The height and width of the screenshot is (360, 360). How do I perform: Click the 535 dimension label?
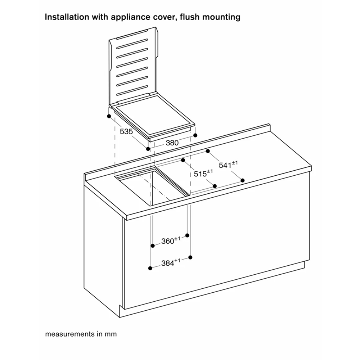coord(126,132)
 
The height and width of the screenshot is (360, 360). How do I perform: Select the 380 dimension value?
coord(172,143)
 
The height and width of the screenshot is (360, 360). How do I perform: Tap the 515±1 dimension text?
coord(203,173)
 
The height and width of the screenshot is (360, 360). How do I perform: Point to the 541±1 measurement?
coord(228,165)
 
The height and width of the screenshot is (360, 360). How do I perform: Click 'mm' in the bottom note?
coord(111,334)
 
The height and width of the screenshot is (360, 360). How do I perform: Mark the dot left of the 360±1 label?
coord(152,246)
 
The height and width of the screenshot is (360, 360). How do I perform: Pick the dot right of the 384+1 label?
coord(190,257)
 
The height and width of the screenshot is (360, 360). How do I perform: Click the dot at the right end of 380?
coord(195,135)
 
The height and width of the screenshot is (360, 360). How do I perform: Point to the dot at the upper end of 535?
coord(108,116)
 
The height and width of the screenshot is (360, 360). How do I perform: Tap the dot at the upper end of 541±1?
coord(208,151)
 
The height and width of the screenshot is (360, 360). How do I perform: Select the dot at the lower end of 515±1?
coord(215,186)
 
